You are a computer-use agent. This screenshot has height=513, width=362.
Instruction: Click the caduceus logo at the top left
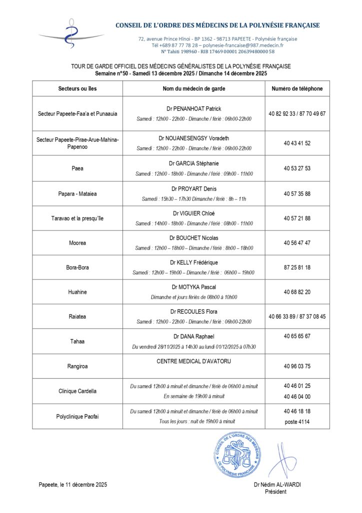[72, 34]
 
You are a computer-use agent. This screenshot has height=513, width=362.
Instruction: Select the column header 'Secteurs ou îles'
[77, 89]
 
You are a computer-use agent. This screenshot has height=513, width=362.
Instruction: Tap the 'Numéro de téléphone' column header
[297, 89]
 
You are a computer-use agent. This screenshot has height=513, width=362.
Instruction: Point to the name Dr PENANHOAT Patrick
[194, 109]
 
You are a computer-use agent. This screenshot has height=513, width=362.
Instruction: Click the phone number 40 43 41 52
[297, 143]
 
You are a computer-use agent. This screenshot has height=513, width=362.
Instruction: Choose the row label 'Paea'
[77, 168]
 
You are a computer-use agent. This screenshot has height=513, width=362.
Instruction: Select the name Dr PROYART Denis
[194, 188]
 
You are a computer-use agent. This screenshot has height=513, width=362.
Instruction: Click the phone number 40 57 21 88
[297, 218]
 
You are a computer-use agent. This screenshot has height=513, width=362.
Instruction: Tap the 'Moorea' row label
[77, 243]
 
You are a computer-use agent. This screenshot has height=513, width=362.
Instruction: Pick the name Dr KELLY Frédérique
[194, 263]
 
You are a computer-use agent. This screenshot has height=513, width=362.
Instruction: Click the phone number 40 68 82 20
[297, 292]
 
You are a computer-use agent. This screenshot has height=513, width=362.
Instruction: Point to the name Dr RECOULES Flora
[194, 312]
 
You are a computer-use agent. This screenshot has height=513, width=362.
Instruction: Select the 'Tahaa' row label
[77, 341]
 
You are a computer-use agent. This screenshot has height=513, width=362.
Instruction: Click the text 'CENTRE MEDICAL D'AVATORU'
[194, 361]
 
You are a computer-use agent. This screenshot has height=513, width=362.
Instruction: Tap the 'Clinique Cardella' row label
[77, 391]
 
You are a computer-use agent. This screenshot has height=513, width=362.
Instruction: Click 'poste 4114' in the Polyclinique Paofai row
[297, 421]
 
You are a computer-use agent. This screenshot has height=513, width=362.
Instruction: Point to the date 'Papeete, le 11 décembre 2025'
[73, 484]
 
